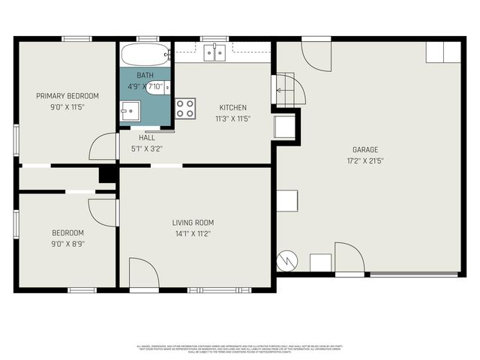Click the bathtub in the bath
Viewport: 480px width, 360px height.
pyautogui.click(x=145, y=55)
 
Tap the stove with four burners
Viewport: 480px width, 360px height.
pyautogui.click(x=185, y=108)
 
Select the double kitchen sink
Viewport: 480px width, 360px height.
pyautogui.click(x=215, y=52)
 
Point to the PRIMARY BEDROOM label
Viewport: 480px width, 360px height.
pyautogui.click(x=67, y=96)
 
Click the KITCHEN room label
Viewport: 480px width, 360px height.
pyautogui.click(x=233, y=107)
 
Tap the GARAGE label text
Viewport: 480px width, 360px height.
pyautogui.click(x=365, y=149)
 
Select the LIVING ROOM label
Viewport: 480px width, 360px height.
pyautogui.click(x=193, y=223)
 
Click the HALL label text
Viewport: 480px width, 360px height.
pyautogui.click(x=148, y=137)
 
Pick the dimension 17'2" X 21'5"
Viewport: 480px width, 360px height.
pyautogui.click(x=365, y=160)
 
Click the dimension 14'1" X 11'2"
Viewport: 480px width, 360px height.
pyautogui.click(x=193, y=234)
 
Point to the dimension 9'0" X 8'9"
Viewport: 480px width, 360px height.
pyautogui.click(x=67, y=244)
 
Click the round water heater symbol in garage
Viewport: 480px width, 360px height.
pyautogui.click(x=287, y=260)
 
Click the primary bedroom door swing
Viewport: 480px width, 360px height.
pyautogui.click(x=103, y=147)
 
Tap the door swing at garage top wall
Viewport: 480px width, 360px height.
pyautogui.click(x=316, y=55)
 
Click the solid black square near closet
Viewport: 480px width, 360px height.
pyautogui.click(x=107, y=174)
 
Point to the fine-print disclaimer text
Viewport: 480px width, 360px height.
pyautogui.click(x=239, y=349)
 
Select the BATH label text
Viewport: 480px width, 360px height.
pyautogui.click(x=145, y=76)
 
